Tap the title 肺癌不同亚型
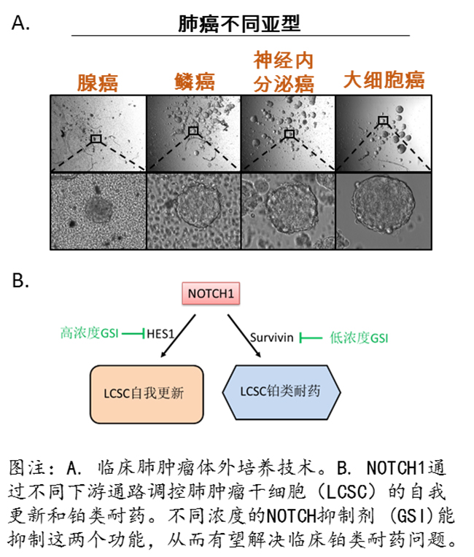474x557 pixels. pos(239,24)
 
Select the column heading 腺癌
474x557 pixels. pos(98,81)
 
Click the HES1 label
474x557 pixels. pos(161,335)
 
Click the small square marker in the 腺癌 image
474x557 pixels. pos(96,138)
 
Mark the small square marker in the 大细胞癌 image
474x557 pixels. pos(383,121)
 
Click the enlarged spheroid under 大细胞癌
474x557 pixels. pos(383,202)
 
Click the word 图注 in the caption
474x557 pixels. pos(28,466)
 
